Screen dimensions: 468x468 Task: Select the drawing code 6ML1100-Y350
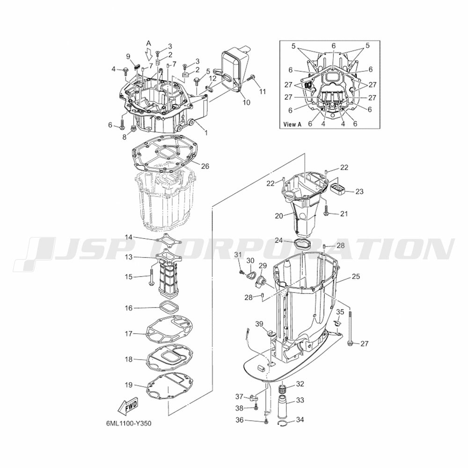(x=129, y=424)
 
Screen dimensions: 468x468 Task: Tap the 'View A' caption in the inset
(x=292, y=124)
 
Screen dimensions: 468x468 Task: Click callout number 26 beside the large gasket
(x=205, y=166)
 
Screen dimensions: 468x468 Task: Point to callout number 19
(x=128, y=385)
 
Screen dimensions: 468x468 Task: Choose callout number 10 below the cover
(x=247, y=102)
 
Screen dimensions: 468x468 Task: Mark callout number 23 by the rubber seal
(x=359, y=191)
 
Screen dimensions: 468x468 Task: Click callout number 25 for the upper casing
(x=356, y=277)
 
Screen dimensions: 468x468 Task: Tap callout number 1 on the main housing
(x=205, y=132)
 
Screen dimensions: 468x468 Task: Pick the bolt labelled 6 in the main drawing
(x=123, y=124)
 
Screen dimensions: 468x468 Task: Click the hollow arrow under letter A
(x=149, y=54)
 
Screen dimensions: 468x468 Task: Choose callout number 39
(x=259, y=324)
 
